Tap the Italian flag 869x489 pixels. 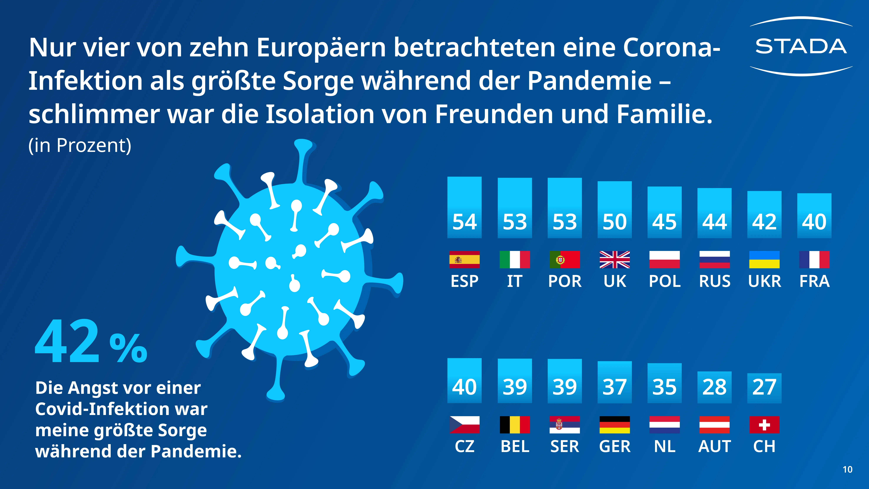pos(514,259)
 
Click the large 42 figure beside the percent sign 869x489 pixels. pos(67,342)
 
